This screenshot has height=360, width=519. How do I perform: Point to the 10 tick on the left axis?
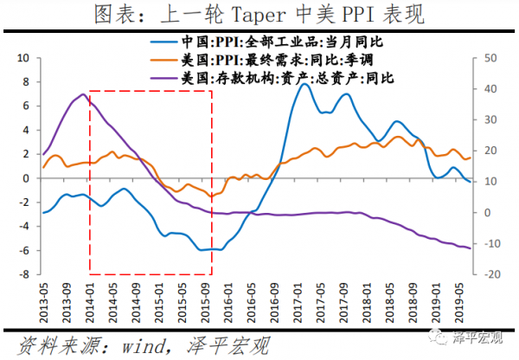point(24,57)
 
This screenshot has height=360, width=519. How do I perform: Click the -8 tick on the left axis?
point(24,274)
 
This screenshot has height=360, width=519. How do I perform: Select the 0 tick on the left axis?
point(27,178)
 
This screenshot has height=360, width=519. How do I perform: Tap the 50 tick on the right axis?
point(490,57)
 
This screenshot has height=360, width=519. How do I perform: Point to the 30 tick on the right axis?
point(490,119)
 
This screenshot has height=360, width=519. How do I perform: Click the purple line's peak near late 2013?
point(82,94)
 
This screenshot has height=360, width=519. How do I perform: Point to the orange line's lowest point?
point(210,196)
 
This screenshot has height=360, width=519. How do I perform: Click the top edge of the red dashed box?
point(151,90)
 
